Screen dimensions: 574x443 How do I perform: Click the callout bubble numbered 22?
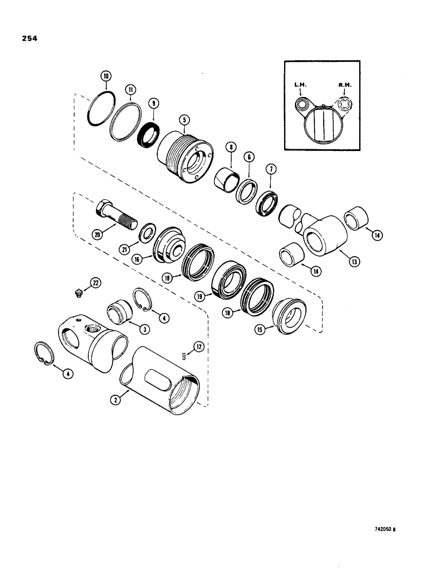[96, 282]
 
